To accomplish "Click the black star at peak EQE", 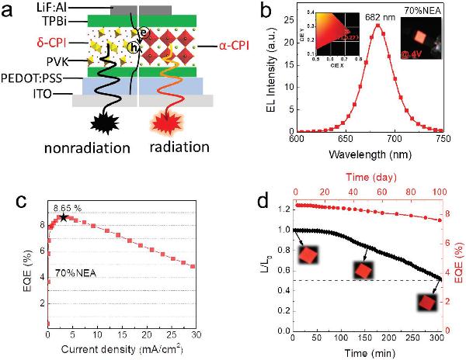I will click(63, 217).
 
